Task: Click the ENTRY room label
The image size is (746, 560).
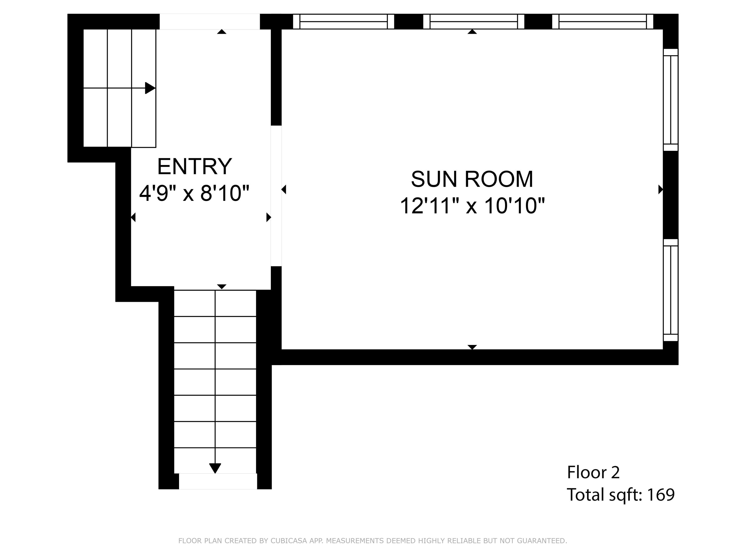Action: click(x=195, y=167)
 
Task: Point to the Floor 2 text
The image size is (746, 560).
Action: click(x=593, y=472)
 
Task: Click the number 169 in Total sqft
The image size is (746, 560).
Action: click(x=661, y=495)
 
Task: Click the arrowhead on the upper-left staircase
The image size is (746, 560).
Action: click(x=150, y=88)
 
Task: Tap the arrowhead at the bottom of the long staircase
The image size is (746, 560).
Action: click(x=215, y=468)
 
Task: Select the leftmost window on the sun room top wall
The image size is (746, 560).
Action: click(x=343, y=22)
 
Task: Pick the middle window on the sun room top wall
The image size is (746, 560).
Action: click(x=473, y=22)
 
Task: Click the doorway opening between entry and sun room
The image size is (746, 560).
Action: click(x=276, y=196)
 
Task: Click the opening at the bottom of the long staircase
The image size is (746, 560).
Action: click(x=218, y=481)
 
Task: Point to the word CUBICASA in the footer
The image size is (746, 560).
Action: click(x=289, y=541)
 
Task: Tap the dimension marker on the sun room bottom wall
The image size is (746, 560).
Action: click(x=472, y=347)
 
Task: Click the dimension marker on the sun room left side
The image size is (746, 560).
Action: click(x=284, y=189)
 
